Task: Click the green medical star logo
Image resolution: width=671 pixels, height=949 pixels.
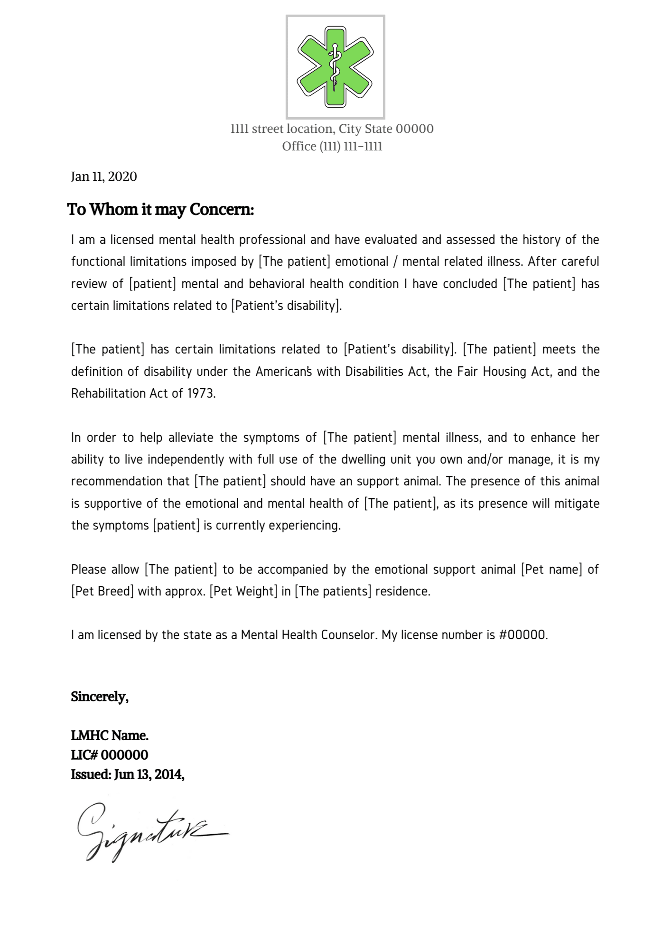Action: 335,67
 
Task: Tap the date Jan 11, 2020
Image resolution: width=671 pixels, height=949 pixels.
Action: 104,177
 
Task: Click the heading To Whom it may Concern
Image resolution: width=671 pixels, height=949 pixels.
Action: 160,209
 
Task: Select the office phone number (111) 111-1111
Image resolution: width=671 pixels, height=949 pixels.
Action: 351,146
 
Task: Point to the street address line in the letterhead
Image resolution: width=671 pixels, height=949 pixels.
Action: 332,129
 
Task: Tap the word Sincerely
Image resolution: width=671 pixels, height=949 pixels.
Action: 100,697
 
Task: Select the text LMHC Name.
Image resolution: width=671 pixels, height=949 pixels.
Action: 110,735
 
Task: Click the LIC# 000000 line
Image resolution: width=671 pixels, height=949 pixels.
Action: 110,755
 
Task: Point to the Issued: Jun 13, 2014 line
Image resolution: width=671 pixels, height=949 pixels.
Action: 128,774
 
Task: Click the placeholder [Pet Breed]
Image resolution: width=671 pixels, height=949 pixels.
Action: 103,591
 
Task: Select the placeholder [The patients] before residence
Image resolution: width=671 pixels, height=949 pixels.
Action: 333,591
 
